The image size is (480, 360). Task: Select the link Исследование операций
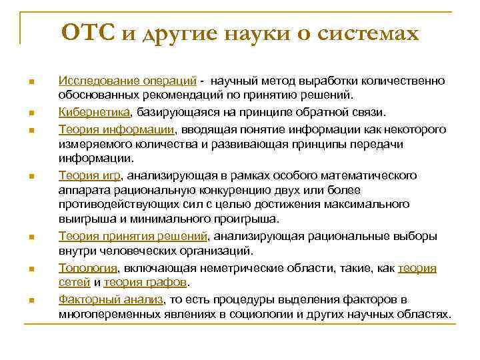pos(127,81)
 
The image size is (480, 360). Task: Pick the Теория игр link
pos(90,175)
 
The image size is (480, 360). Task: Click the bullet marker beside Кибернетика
pos(31,113)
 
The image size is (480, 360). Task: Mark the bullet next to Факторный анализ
pos(31,300)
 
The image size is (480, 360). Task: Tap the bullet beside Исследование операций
pos(31,82)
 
